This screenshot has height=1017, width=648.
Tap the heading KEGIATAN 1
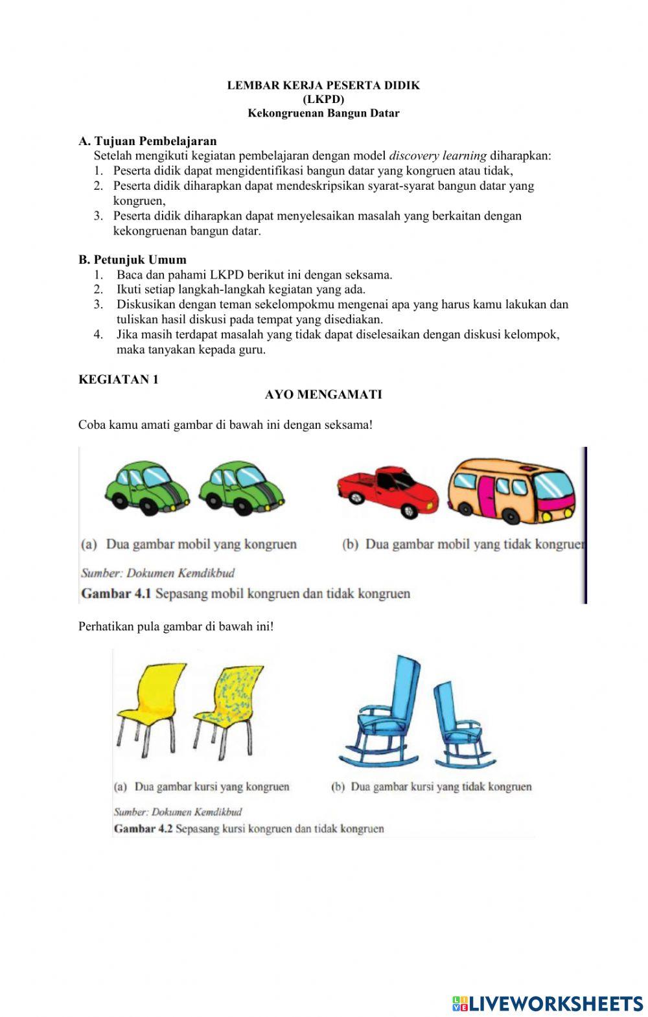119,380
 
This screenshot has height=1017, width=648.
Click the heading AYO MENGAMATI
323,394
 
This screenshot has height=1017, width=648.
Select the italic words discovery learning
437,155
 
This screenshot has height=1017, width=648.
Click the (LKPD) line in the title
323,99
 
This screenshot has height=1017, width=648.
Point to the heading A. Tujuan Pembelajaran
148,141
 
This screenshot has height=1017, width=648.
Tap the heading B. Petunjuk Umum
132,260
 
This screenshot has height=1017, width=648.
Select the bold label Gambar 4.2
143,828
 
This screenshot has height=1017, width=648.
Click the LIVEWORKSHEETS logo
547,1003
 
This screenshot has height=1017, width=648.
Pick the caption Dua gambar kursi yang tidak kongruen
441,787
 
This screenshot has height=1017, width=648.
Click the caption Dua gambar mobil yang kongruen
201,544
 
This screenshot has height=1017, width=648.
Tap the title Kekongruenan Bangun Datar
323,113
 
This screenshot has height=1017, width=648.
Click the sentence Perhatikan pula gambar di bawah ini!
176,626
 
